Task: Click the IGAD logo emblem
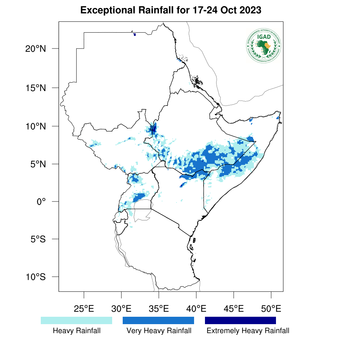click(264, 46)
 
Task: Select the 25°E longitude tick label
click(84, 309)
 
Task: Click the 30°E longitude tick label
click(121, 309)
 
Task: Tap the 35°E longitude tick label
click(159, 309)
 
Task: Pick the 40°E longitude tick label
click(196, 309)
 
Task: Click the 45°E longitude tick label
click(234, 309)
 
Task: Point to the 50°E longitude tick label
click(271, 309)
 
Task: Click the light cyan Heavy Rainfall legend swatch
click(76, 320)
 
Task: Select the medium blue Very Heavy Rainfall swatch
click(158, 320)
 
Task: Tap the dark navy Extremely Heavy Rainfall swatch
click(240, 320)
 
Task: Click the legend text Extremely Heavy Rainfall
click(248, 331)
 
